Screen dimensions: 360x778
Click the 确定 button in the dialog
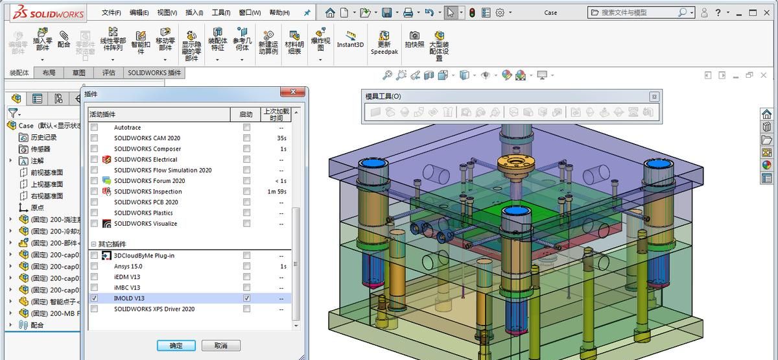point(176,346)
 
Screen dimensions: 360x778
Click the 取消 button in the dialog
point(220,346)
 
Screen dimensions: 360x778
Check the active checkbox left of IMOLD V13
point(95,298)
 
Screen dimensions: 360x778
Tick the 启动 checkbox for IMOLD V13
point(246,298)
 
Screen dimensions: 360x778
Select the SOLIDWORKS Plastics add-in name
point(143,213)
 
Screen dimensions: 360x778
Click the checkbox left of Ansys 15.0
point(95,266)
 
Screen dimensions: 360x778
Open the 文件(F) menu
point(112,12)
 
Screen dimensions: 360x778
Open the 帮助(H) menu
point(279,12)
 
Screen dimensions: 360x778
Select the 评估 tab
point(108,73)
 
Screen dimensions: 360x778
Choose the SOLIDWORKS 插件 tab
point(154,73)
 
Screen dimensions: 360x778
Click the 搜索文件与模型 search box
point(639,12)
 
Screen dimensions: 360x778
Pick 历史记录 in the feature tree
point(43,138)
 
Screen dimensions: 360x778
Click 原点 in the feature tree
point(38,208)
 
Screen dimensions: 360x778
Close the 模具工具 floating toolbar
point(654,97)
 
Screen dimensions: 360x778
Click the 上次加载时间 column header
point(276,115)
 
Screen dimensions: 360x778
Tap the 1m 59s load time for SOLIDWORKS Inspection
point(276,191)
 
